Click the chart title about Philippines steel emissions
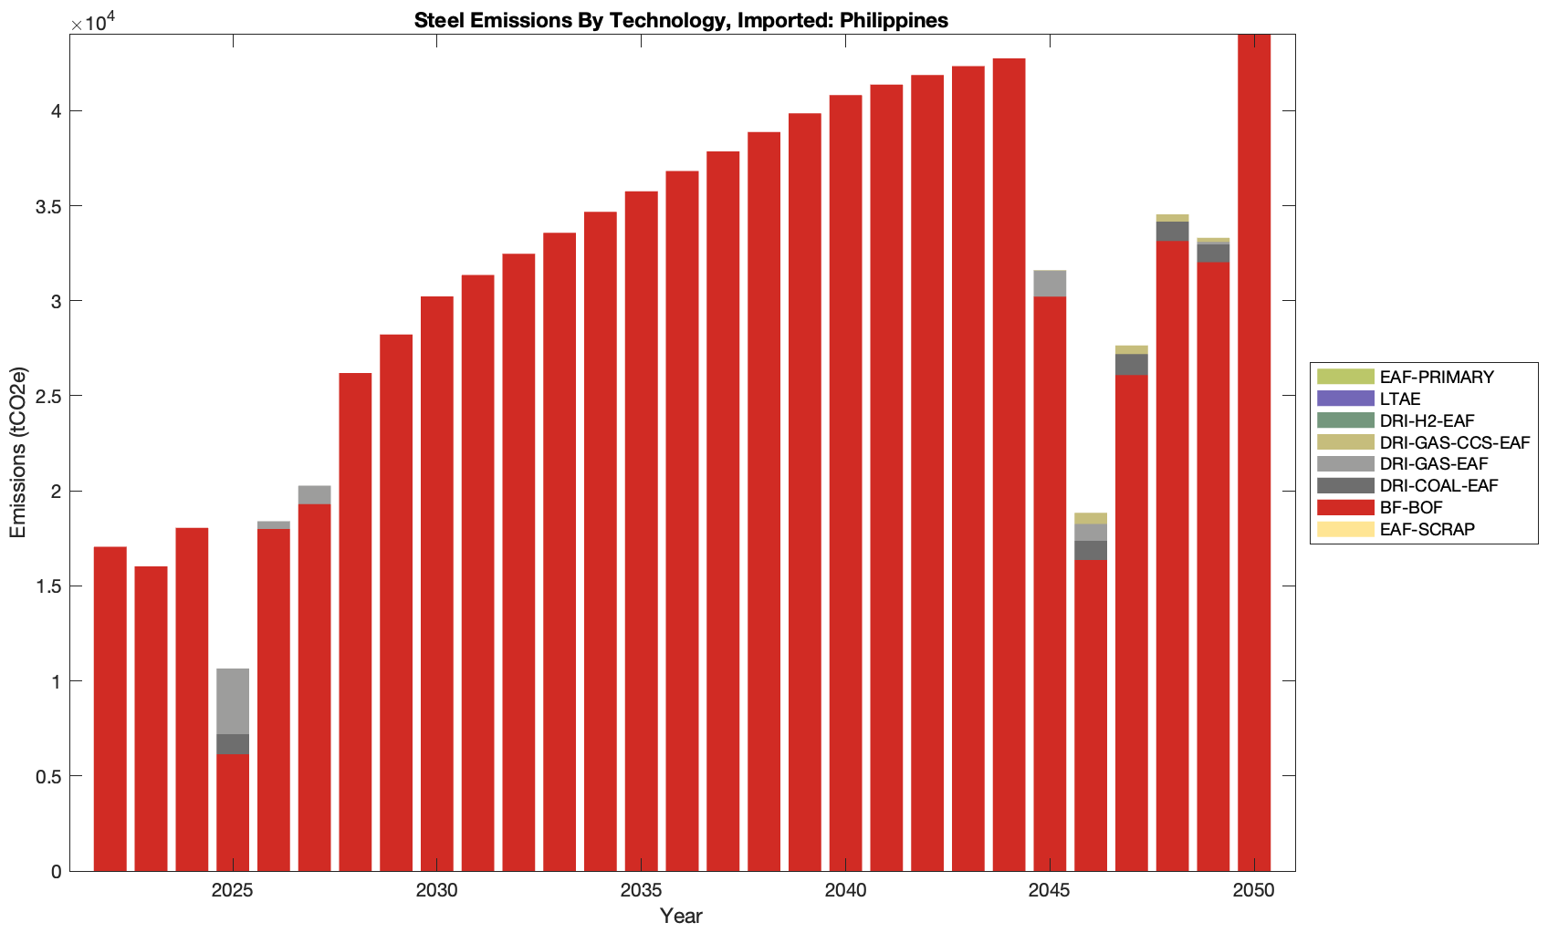click(681, 20)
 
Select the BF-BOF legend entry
click(1410, 507)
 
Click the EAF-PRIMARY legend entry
click(1436, 377)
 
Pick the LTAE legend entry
click(1399, 399)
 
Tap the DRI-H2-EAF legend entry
click(1427, 420)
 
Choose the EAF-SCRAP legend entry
click(1427, 529)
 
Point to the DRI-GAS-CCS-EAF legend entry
click(1454, 442)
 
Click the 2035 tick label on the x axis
click(641, 891)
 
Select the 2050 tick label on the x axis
click(1253, 891)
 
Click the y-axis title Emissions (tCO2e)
click(18, 452)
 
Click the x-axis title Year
click(681, 916)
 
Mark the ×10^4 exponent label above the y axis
click(89, 22)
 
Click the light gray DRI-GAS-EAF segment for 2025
click(233, 701)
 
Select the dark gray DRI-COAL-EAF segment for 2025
click(233, 744)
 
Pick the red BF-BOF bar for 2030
click(437, 584)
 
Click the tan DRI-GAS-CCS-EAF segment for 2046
click(1091, 518)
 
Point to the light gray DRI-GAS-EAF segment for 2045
click(1050, 284)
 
